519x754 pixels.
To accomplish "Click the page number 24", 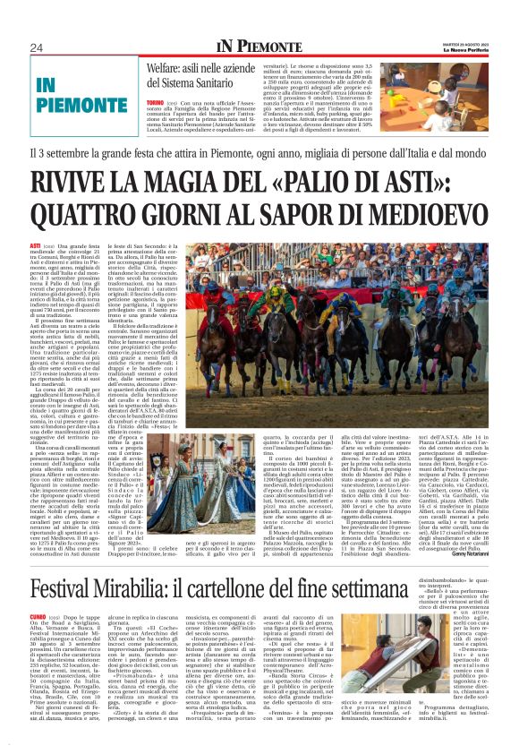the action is coord(37,47).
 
